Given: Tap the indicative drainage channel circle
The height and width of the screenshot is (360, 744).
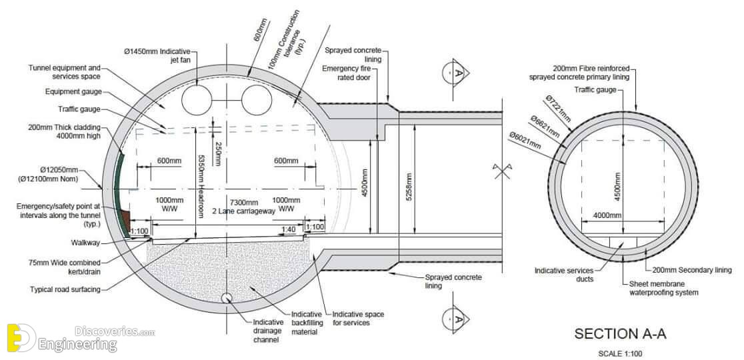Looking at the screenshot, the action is (227, 298).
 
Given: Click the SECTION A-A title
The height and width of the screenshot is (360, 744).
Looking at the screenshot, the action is (620, 333).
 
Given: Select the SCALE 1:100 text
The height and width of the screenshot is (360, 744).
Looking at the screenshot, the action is (620, 353).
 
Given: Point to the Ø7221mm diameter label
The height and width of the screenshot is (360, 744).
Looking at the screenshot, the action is (558, 109).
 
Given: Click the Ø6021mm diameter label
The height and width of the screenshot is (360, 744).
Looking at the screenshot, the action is (524, 141).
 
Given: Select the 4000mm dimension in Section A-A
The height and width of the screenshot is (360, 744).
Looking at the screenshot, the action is (607, 216).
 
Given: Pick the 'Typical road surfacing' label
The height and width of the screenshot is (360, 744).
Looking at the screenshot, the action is (65, 289).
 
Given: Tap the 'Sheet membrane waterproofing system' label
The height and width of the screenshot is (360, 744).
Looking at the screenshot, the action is (664, 289).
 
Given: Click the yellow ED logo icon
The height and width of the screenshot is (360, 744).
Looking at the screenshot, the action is (21, 338).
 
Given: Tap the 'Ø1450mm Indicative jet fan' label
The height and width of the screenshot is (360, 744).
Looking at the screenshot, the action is (157, 55).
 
